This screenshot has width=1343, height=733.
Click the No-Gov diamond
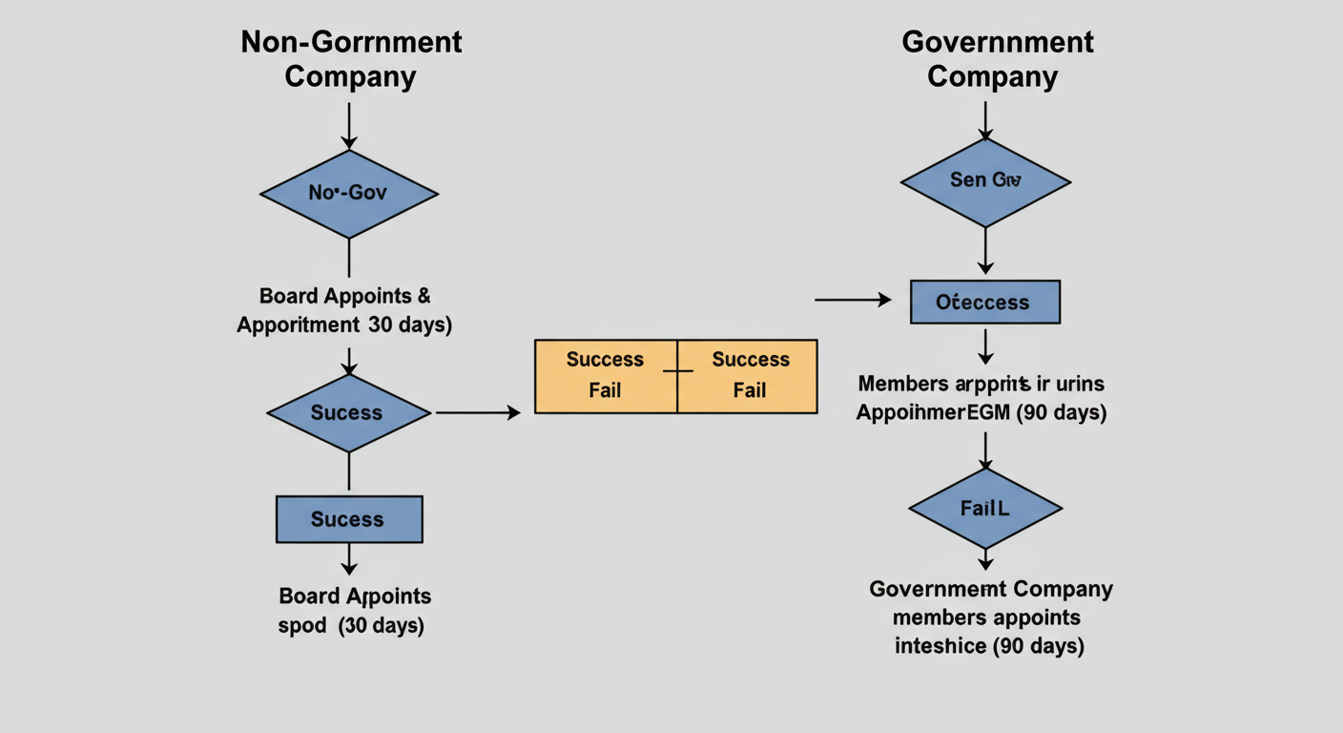click(348, 194)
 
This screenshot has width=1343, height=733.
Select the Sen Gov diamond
click(985, 181)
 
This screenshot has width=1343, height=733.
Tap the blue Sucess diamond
click(348, 413)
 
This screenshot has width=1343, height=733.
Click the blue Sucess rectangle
click(348, 519)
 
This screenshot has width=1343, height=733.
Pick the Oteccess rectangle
click(984, 303)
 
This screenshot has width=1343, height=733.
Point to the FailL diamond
click(985, 508)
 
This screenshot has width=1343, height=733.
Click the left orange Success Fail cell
click(606, 375)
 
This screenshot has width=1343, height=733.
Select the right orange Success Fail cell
click(749, 375)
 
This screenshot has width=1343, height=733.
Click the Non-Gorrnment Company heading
click(351, 59)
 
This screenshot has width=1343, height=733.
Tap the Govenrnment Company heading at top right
click(997, 59)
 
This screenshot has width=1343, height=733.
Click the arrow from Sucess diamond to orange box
click(477, 413)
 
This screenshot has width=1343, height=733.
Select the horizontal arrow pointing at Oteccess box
click(852, 300)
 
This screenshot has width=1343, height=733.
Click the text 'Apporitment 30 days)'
click(344, 325)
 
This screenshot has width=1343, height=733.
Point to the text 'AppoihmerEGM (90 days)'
click(981, 413)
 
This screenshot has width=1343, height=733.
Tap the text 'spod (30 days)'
click(351, 626)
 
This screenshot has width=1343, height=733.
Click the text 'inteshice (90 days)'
click(989, 646)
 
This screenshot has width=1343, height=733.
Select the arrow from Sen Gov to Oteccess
click(985, 250)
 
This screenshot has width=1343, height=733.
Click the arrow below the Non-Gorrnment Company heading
click(349, 124)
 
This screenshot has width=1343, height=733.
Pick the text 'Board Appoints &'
click(344, 296)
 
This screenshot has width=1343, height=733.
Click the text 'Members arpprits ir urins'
click(981, 384)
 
